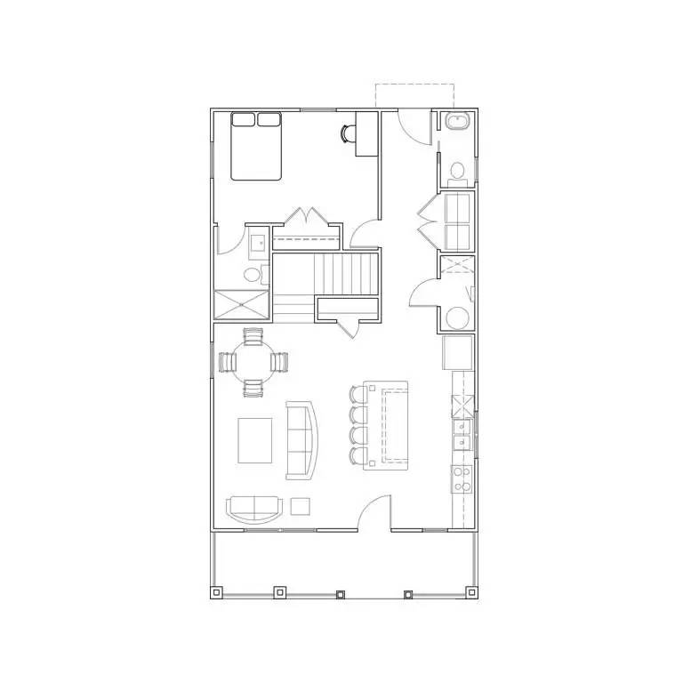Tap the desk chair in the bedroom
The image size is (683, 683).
point(346,133)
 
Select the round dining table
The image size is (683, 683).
point(253,362)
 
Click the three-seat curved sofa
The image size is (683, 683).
point(302,439)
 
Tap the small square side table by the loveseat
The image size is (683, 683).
point(301,506)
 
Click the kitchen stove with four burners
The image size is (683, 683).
point(462,480)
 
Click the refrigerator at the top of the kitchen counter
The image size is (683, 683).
point(459,352)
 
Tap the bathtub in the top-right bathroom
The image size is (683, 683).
point(458,125)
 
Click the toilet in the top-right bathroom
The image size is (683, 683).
point(458,171)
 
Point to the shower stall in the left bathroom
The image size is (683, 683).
point(241,305)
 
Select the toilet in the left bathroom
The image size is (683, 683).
point(253,273)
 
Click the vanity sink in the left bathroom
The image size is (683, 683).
point(259,242)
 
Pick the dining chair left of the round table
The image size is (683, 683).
point(227,362)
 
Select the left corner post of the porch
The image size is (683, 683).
point(216,591)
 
